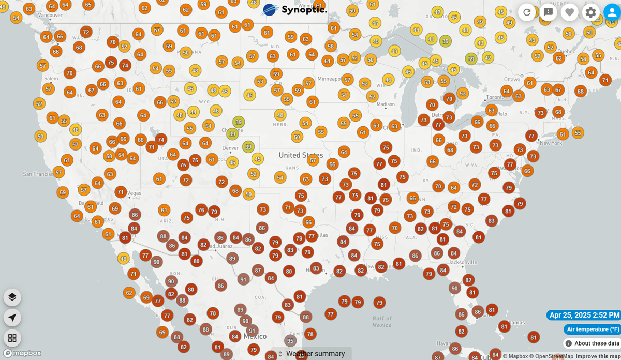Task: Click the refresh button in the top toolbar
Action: click(x=527, y=12)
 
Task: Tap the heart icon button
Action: click(x=569, y=12)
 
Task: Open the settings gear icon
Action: click(x=590, y=12)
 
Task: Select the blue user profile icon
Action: click(x=612, y=12)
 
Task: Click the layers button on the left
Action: click(x=12, y=297)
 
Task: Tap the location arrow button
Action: click(x=12, y=317)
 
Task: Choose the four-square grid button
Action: click(x=12, y=338)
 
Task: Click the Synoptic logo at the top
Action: click(x=295, y=10)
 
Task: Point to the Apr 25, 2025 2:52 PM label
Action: click(x=584, y=315)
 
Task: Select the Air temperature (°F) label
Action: click(x=593, y=329)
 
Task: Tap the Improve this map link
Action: click(x=598, y=356)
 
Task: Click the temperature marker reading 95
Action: click(x=290, y=341)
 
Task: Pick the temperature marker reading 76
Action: click(x=201, y=209)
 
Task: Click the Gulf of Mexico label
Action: click(x=382, y=322)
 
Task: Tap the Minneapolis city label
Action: click(x=329, y=79)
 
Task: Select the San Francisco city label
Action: click(x=37, y=174)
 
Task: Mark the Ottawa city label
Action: click(x=512, y=80)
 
